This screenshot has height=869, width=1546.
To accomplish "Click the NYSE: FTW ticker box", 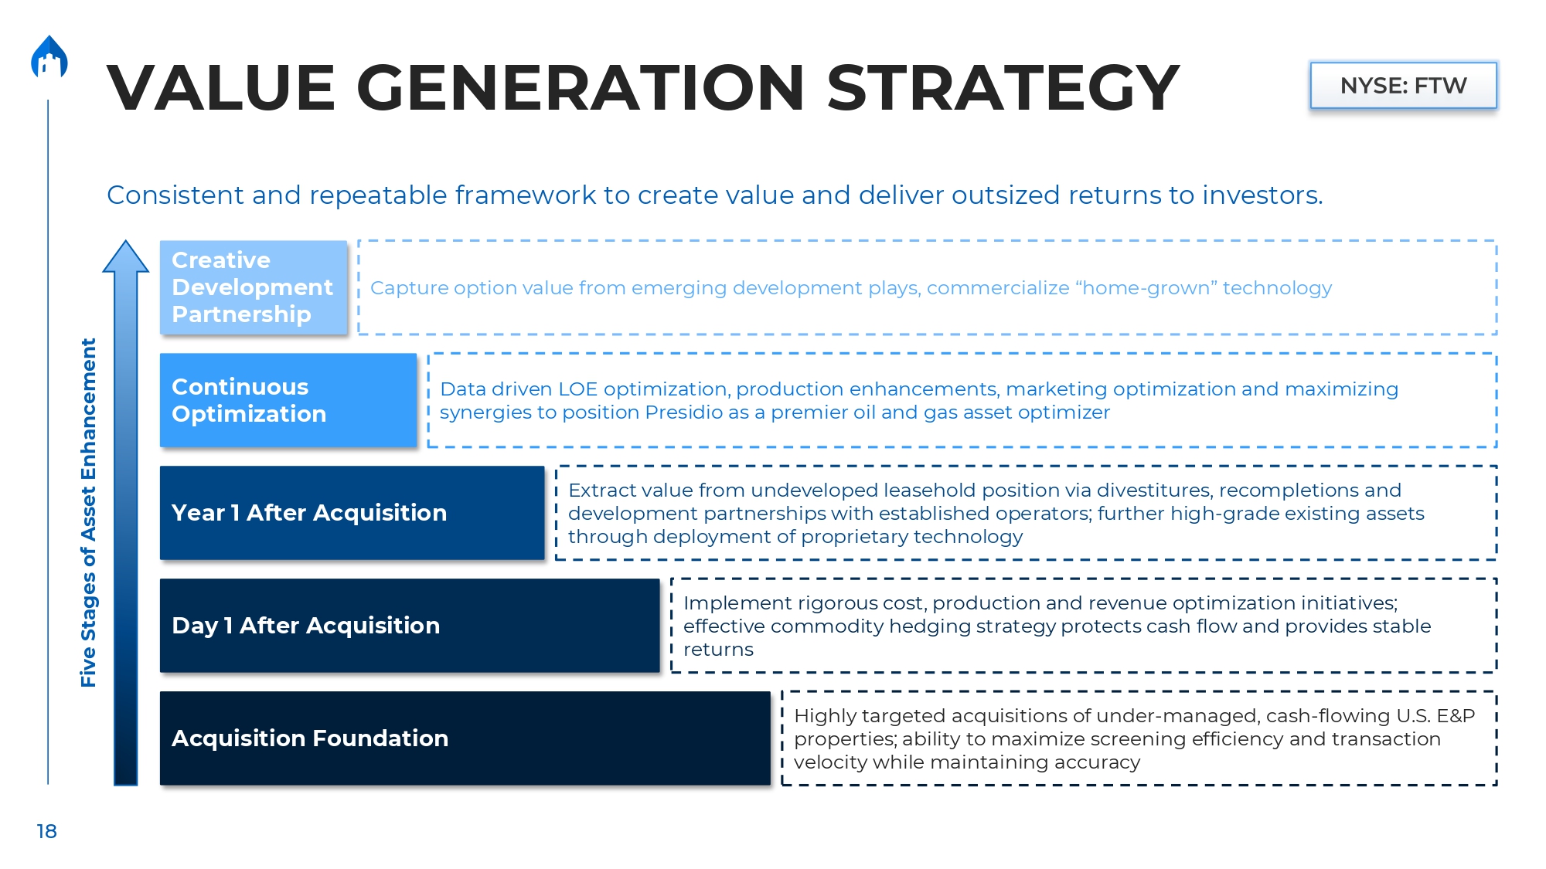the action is (x=1403, y=85).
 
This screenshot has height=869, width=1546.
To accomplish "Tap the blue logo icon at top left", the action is (x=49, y=56).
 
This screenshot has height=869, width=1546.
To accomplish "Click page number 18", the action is (x=46, y=831).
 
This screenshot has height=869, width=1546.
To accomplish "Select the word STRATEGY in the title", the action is (x=1003, y=87).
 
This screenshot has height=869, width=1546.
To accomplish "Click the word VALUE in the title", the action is (x=220, y=87).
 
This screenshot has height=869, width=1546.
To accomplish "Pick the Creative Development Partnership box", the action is (x=254, y=287).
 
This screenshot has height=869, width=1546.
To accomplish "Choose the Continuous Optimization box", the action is (x=288, y=400).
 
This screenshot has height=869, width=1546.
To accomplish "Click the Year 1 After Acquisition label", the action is (x=309, y=513).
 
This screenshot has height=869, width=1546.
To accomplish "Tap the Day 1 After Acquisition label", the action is (x=306, y=626).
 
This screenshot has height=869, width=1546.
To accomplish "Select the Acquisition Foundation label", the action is (x=310, y=738).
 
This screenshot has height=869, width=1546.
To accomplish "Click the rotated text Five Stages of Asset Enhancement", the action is (x=88, y=513).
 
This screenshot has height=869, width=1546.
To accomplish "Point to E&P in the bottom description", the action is (x=1456, y=716).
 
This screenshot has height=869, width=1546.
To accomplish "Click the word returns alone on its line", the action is (x=718, y=650).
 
